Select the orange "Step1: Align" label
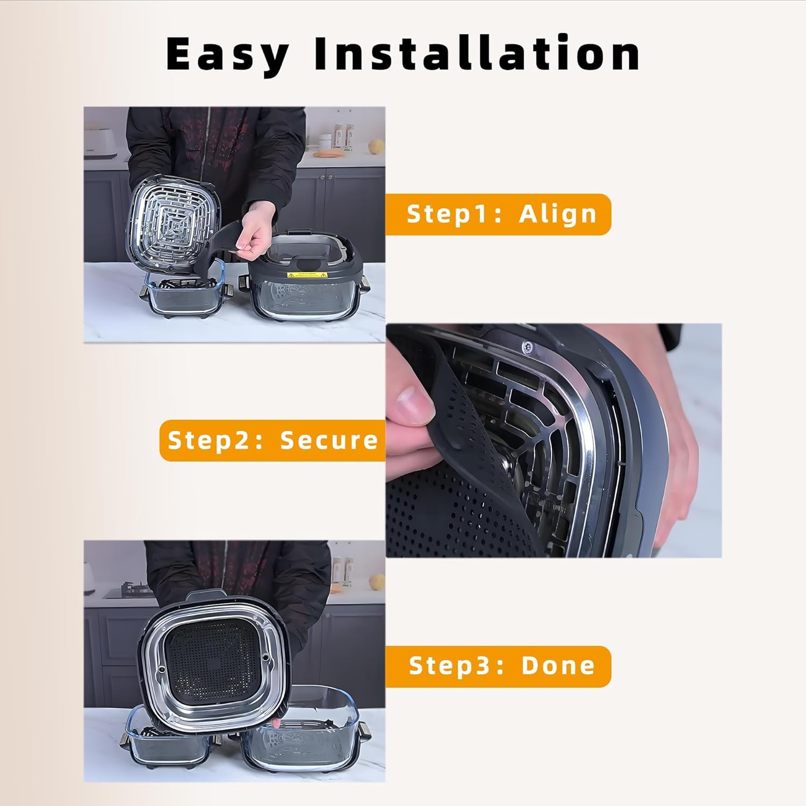coord(498,214)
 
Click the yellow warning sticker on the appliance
coord(308,275)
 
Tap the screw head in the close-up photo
coord(528,347)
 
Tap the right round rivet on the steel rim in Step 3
coord(265,657)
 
